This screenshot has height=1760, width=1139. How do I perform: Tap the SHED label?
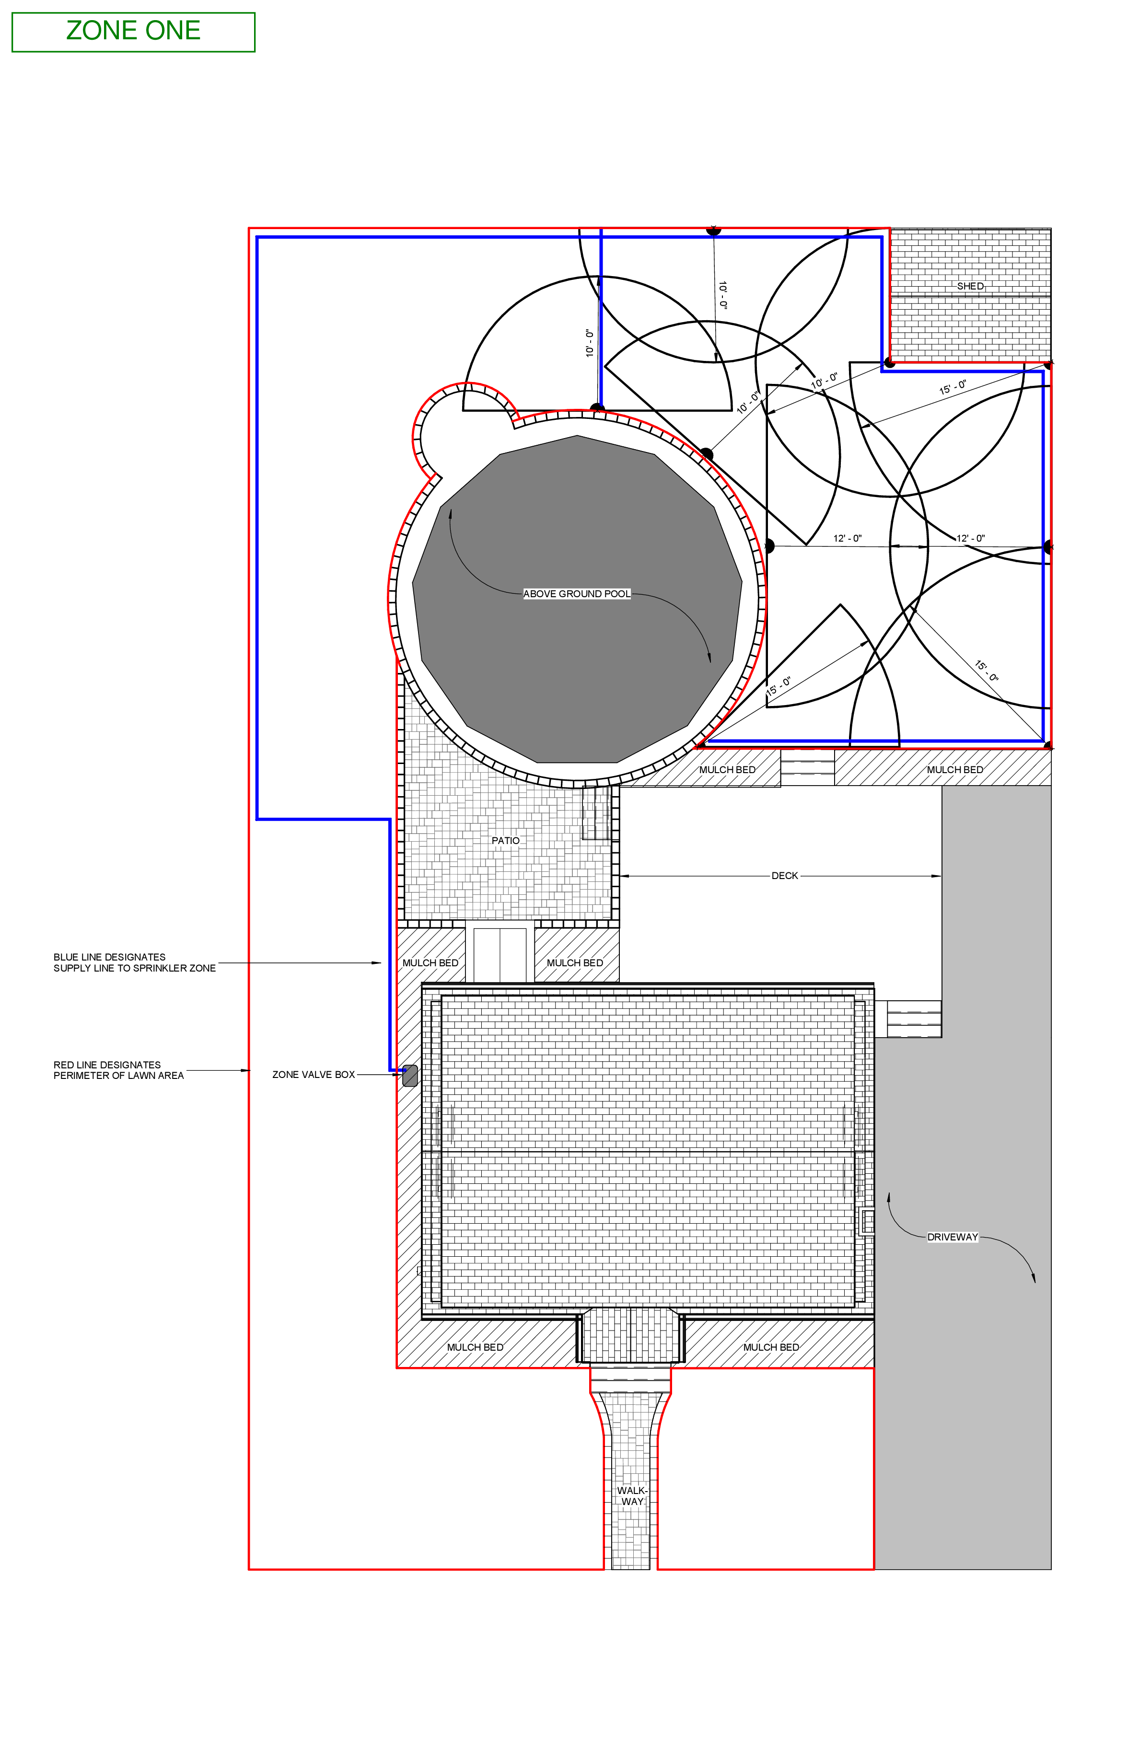coord(970,286)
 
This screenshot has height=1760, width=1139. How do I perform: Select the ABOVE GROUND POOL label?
coord(577,594)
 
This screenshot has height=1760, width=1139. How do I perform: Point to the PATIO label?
coord(506,841)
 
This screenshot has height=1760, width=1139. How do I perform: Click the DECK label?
coord(785,876)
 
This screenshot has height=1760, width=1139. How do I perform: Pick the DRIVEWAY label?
coord(953,1237)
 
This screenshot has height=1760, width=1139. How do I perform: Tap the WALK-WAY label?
coord(632,1496)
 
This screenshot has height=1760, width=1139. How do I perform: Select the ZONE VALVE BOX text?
coord(314,1075)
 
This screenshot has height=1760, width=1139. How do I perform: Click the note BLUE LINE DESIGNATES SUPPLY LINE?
coord(135,962)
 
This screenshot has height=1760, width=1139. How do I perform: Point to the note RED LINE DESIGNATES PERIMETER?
coord(118,1070)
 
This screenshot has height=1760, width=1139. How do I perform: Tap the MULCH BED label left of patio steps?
coord(430,963)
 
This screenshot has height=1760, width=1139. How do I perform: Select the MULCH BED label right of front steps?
coord(771,1347)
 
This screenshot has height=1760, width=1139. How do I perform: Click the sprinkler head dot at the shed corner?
coord(890,362)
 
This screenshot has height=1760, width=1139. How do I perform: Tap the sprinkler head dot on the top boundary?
coord(713,230)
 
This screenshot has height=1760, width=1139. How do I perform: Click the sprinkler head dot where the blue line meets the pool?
coord(597,408)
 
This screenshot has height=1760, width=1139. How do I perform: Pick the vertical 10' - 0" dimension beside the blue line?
coord(590,343)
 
